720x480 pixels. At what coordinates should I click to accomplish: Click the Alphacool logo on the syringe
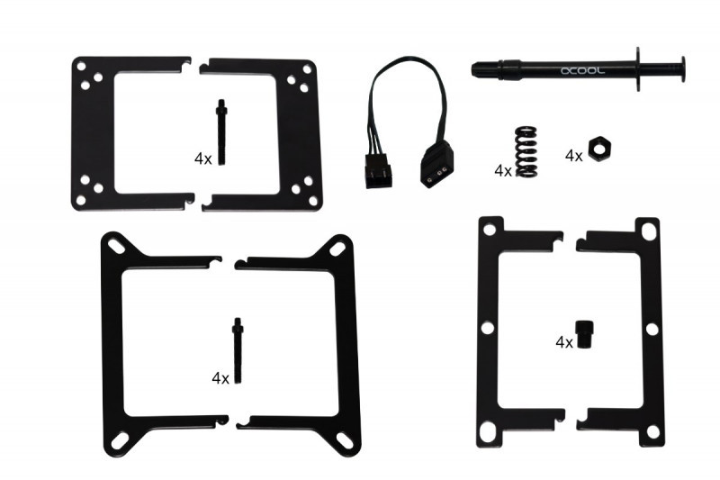[x=582, y=71]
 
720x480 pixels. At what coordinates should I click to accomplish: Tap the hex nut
[x=599, y=149]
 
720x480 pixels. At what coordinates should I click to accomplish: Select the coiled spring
[x=526, y=151]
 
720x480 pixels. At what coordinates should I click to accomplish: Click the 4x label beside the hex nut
[x=573, y=156]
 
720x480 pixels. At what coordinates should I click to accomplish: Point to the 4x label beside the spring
[x=503, y=171]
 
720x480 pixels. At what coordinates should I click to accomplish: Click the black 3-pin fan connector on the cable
[x=379, y=170]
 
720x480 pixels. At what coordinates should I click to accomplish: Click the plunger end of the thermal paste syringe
[x=682, y=69]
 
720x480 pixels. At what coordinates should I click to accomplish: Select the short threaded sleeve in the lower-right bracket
[x=584, y=334]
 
